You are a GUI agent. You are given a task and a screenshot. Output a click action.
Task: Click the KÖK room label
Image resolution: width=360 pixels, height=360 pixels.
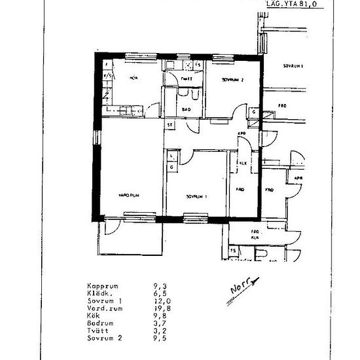(x=134, y=78)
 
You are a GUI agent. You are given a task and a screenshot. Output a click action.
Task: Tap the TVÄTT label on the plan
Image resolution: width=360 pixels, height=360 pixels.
(x=186, y=79)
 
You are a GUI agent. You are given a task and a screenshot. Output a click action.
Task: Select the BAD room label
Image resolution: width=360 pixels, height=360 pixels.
(x=186, y=109)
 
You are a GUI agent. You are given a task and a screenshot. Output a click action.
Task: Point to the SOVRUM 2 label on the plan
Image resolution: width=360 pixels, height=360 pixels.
(x=232, y=79)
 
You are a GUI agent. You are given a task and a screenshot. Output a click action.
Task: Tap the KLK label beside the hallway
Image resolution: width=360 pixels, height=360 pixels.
(x=242, y=163)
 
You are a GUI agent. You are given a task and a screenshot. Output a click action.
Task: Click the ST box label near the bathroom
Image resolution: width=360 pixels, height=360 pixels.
(x=170, y=124)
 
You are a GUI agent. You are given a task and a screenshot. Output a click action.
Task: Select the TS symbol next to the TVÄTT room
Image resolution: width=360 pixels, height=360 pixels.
(x=198, y=65)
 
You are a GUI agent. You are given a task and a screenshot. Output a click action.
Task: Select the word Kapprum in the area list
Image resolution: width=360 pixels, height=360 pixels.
(x=101, y=286)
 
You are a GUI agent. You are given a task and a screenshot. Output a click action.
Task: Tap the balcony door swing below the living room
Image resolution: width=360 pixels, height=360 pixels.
(x=111, y=228)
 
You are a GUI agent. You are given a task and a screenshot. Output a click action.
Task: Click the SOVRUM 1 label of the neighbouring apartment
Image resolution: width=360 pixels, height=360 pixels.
(x=296, y=67)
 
